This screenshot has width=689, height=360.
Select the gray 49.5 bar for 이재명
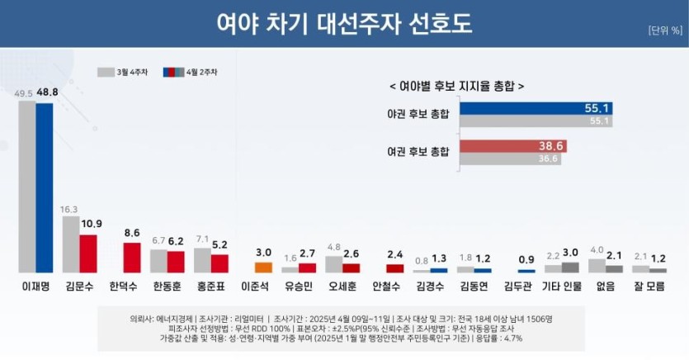click(27, 187)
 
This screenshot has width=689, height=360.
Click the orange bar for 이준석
click(263, 267)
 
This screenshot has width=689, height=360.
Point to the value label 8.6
click(132, 234)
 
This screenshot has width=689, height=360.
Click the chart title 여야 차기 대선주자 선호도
click(343, 23)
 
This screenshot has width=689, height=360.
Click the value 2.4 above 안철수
click(395, 254)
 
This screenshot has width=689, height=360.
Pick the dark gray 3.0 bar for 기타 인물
click(570, 267)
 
